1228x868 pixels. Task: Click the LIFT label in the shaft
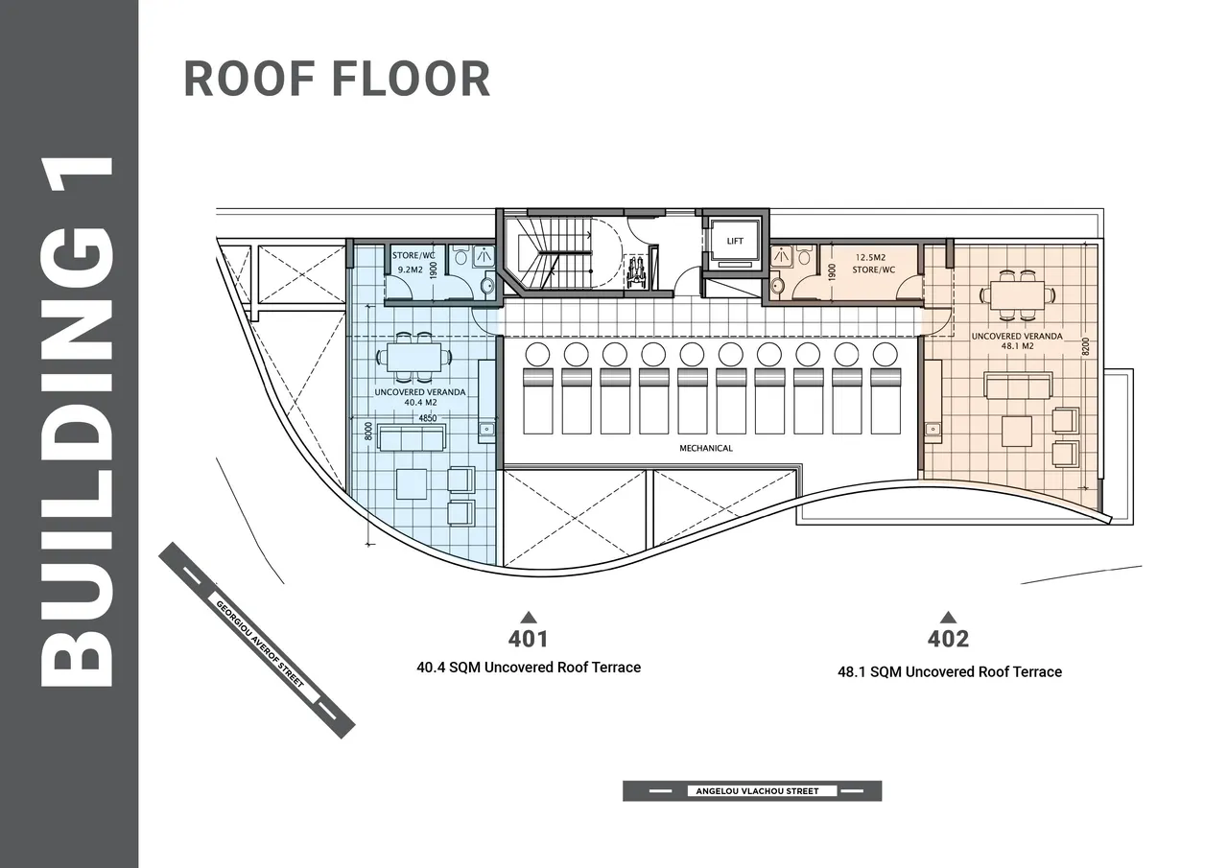(735, 241)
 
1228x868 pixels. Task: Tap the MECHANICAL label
(706, 448)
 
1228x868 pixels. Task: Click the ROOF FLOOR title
(337, 80)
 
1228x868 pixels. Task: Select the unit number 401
(528, 639)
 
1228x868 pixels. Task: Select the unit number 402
(949, 639)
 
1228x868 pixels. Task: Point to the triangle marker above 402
(949, 618)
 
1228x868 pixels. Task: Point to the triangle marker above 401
(529, 617)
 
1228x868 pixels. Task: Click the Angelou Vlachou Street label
(757, 790)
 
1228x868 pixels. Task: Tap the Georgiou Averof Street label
(260, 644)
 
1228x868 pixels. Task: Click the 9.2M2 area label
(410, 270)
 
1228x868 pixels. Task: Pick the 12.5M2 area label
(870, 257)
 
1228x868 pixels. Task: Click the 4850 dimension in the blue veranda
(428, 418)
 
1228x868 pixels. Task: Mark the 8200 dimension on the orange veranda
(1086, 346)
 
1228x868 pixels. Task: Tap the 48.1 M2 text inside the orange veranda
(1018, 346)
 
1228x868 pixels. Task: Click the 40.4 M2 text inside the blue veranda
(420, 402)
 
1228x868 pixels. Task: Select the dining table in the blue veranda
(414, 358)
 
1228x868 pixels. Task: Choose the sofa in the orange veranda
(1018, 386)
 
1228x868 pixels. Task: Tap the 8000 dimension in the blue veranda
(368, 431)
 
